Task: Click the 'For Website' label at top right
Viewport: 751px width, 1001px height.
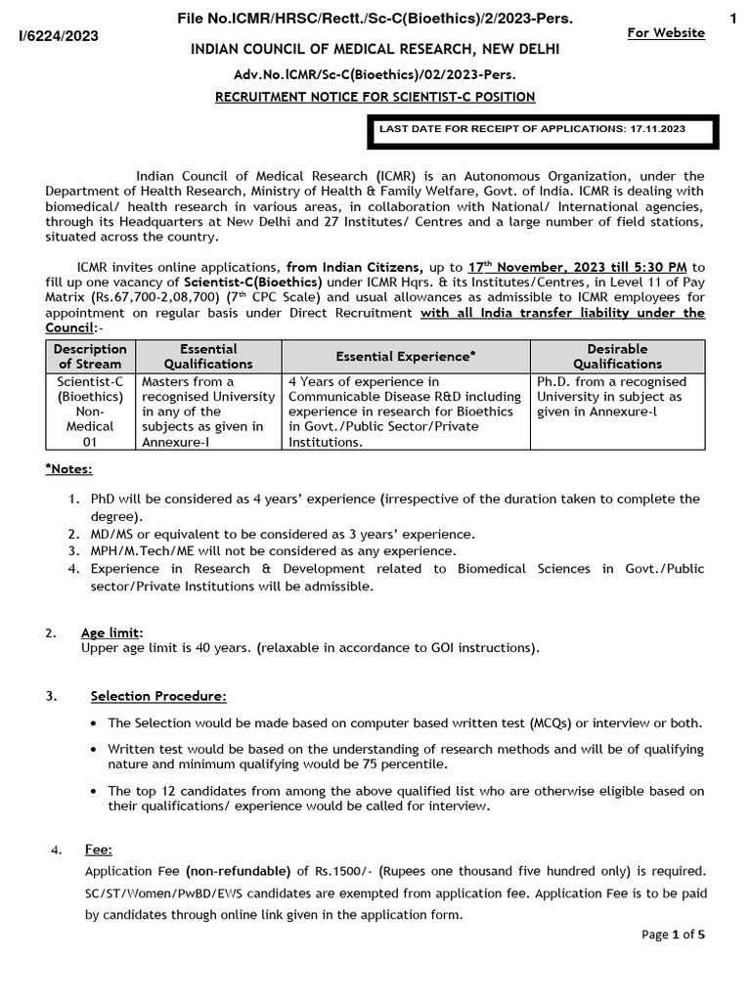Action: [665, 33]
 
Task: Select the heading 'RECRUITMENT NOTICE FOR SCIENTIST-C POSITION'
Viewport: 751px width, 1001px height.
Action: [375, 96]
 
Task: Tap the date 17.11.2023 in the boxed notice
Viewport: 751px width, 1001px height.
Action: [656, 128]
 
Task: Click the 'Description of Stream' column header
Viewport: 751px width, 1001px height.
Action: [90, 356]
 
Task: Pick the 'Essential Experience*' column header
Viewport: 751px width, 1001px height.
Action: [406, 357]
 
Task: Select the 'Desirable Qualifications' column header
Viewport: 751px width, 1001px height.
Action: [617, 356]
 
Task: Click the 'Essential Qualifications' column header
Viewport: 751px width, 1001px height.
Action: [208, 356]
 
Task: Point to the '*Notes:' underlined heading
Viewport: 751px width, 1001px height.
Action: [68, 469]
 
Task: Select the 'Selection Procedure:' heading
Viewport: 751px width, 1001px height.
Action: [158, 696]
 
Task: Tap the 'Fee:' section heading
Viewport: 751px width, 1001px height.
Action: [99, 850]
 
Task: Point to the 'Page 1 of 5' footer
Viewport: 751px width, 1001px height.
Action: [673, 935]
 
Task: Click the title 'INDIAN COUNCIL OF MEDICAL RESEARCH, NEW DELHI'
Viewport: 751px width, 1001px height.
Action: [375, 49]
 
